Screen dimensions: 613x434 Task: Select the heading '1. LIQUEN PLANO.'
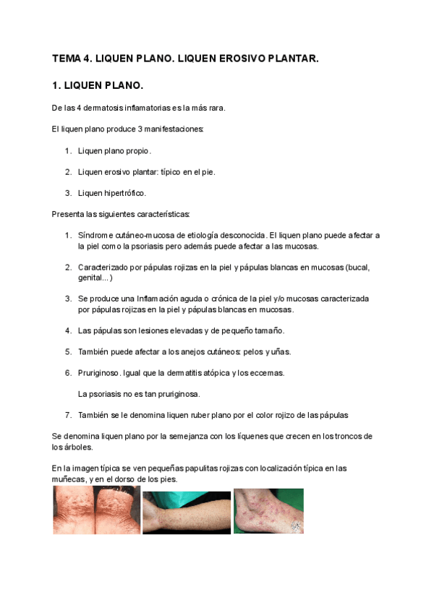[98, 86]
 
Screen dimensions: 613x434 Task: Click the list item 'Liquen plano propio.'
[114, 151]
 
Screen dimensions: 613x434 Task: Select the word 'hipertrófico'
[127, 193]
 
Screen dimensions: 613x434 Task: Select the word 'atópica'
[215, 373]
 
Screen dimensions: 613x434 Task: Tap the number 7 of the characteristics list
[67, 415]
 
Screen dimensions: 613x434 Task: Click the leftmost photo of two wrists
[96, 510]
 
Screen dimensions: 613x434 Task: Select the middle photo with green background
[186, 513]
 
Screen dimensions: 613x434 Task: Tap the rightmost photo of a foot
[268, 511]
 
